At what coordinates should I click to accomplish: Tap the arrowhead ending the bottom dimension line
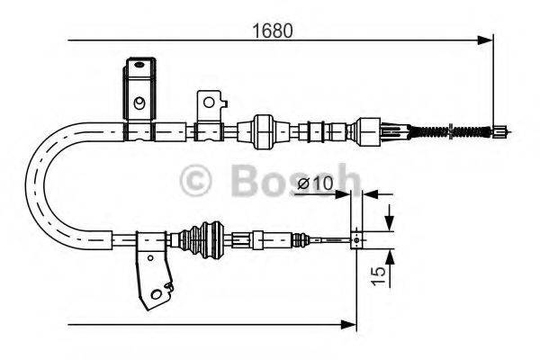pyautogui.click(x=351, y=322)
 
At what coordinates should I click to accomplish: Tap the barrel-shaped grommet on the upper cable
pyautogui.click(x=264, y=131)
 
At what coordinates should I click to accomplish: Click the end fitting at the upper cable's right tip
pyautogui.click(x=498, y=133)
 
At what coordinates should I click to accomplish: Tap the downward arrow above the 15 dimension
pyautogui.click(x=389, y=219)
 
